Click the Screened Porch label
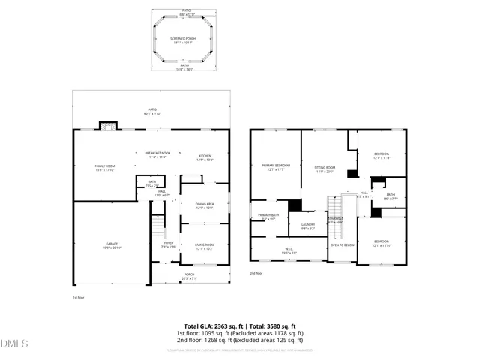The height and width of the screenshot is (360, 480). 184,40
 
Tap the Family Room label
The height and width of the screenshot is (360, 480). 104,167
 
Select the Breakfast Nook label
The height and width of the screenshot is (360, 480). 157,154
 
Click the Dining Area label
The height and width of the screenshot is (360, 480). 205,205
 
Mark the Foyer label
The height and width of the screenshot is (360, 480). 169,244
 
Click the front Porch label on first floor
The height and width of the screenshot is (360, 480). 190,275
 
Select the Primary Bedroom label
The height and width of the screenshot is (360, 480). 276,166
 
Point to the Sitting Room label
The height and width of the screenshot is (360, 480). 324,169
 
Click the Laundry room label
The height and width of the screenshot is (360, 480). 307,226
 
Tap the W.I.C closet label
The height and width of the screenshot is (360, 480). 288,251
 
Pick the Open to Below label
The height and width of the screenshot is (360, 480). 343,244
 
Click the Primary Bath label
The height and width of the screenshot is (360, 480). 268,217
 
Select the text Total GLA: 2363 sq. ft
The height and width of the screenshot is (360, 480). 204,326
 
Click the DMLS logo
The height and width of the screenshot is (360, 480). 14,344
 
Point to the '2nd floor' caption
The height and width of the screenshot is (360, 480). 256,273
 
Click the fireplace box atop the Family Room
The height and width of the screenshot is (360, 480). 108,127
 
